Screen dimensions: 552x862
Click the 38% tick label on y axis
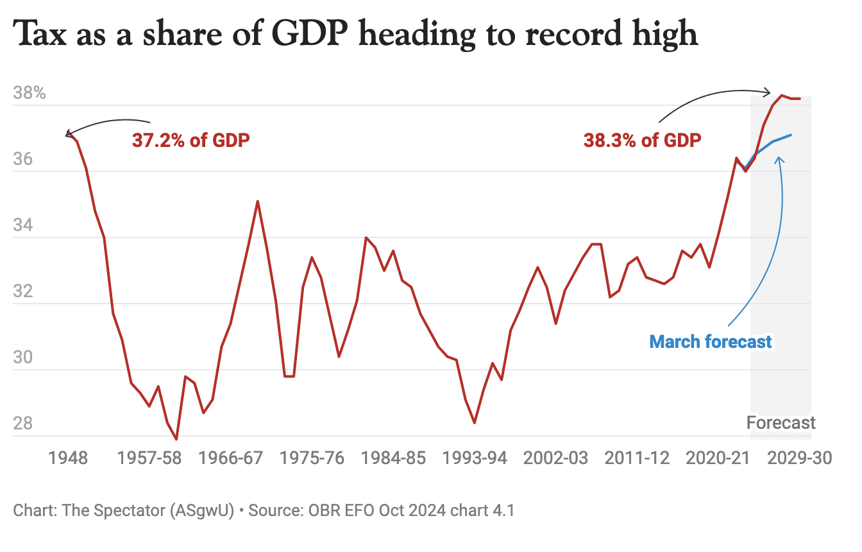pyautogui.click(x=30, y=93)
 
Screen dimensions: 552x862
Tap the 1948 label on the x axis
pyautogui.click(x=68, y=458)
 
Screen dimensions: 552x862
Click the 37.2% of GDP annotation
pyautogui.click(x=190, y=140)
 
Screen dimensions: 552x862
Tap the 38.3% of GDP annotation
pyautogui.click(x=642, y=140)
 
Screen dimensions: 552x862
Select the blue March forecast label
pyautogui.click(x=711, y=341)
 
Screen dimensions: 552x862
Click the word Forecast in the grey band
pyautogui.click(x=781, y=423)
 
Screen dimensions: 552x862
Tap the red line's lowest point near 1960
pyautogui.click(x=176, y=439)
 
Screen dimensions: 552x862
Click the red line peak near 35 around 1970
pyautogui.click(x=258, y=202)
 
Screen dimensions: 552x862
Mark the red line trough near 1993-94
pyautogui.click(x=475, y=423)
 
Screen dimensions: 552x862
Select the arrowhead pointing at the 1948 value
pyautogui.click(x=68, y=134)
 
